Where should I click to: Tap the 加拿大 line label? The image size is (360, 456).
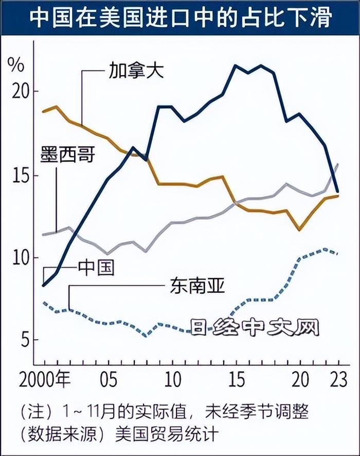136,71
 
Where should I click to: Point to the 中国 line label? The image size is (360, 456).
96,268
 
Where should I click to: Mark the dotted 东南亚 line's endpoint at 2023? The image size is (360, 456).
337,253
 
